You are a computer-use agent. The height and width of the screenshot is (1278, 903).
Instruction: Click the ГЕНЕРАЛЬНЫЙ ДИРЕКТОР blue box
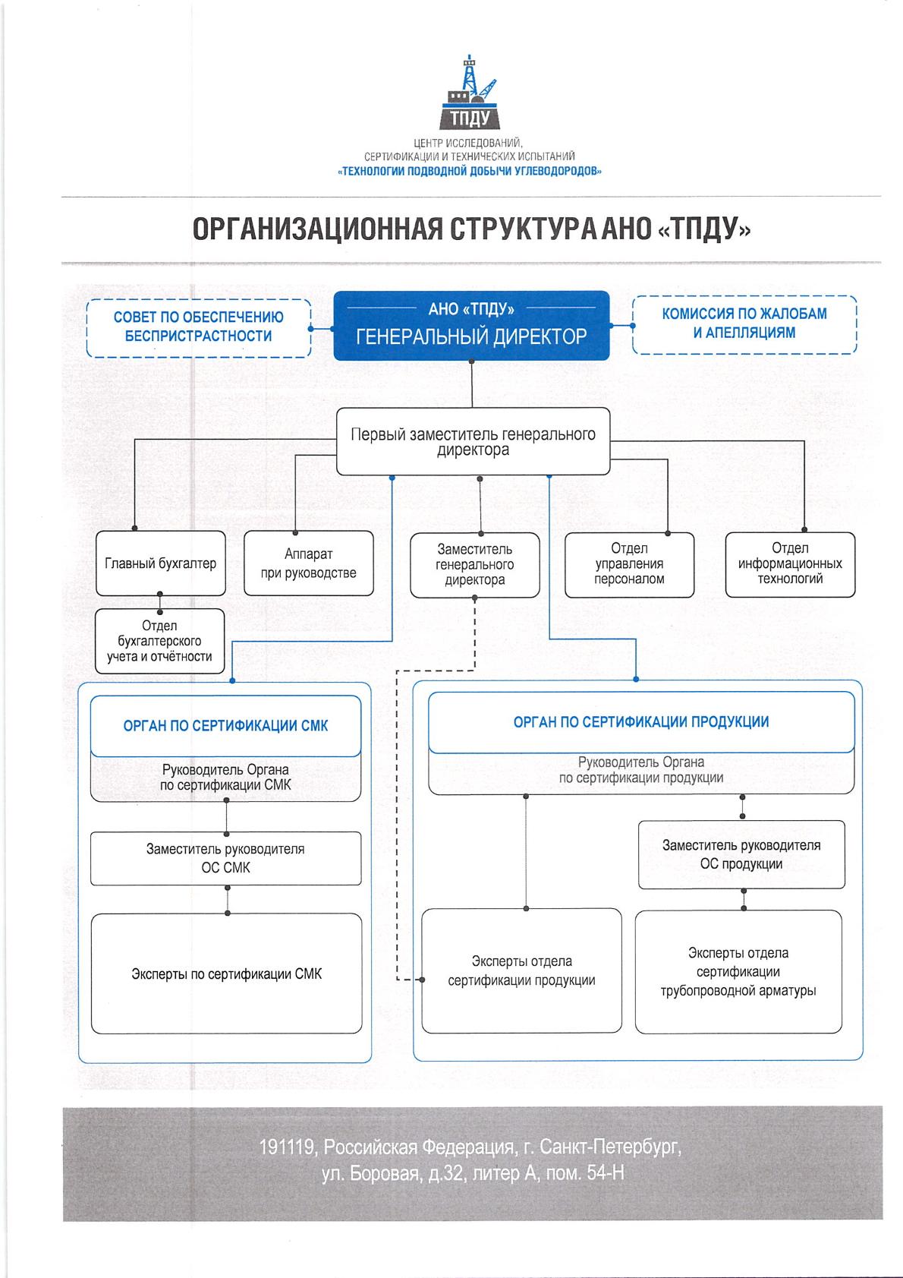(x=471, y=325)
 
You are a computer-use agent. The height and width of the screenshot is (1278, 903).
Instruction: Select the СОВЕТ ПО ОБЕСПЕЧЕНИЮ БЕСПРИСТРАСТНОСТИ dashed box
(x=198, y=328)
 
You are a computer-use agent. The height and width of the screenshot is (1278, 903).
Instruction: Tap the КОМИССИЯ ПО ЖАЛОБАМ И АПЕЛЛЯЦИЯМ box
(x=744, y=325)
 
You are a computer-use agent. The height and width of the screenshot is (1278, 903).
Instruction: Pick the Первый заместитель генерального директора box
(x=473, y=441)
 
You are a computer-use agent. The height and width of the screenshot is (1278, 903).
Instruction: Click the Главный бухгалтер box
(x=160, y=563)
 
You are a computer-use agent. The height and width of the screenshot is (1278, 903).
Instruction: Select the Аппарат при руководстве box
(x=308, y=563)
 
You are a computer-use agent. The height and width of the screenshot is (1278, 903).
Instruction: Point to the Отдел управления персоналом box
(x=629, y=564)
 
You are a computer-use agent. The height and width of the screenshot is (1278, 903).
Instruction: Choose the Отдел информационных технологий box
(x=790, y=564)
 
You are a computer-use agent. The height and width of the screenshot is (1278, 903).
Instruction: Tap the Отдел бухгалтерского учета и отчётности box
(x=159, y=641)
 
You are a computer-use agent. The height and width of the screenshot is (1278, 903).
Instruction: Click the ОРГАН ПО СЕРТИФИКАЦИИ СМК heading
(x=226, y=726)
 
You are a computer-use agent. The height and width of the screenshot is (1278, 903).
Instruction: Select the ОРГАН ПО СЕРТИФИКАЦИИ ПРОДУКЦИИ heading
(x=641, y=721)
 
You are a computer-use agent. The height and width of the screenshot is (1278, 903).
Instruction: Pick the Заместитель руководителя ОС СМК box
(x=226, y=858)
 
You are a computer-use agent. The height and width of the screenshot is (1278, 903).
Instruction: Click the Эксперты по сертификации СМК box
(x=226, y=973)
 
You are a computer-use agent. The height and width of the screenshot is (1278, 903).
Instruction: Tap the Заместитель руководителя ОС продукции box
(x=741, y=854)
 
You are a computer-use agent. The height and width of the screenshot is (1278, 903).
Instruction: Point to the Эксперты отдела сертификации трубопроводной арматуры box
(x=738, y=972)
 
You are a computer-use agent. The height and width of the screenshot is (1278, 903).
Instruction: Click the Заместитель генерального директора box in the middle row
(x=475, y=565)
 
